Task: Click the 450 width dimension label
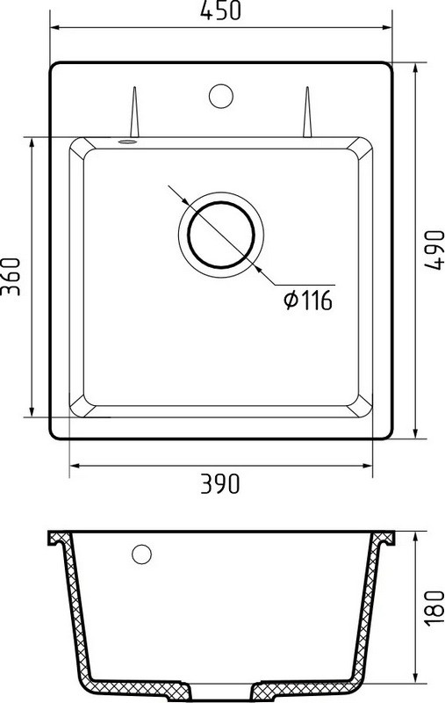point(220,11)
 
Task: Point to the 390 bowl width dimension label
point(220,483)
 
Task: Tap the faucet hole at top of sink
point(220,94)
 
